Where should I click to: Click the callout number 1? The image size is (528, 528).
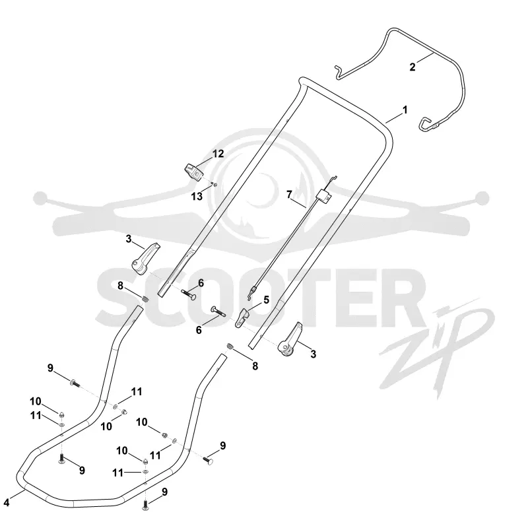[405, 110]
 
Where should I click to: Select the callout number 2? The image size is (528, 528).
[412, 67]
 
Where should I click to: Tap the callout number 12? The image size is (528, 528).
[218, 154]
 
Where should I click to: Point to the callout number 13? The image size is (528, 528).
[197, 196]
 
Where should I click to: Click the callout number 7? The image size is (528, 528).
[289, 195]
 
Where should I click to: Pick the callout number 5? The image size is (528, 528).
[267, 300]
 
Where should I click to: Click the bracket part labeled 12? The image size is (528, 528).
[194, 172]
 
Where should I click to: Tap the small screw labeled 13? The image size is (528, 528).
[214, 184]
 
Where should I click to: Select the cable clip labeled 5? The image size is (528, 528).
[242, 317]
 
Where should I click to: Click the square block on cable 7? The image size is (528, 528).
[324, 195]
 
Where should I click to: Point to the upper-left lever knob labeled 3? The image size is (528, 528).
[145, 258]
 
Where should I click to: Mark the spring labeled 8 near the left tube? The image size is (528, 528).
[145, 299]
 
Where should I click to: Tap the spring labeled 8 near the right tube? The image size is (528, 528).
[230, 346]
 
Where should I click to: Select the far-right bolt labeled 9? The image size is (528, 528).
[208, 459]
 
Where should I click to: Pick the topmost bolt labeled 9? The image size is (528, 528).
[75, 383]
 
